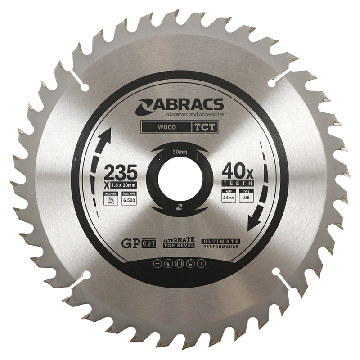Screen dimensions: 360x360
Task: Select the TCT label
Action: (206, 127)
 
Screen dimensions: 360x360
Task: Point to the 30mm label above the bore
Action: (180, 152)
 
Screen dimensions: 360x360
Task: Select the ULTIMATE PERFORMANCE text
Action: (220, 244)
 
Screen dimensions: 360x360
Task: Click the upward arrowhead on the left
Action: (108, 134)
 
